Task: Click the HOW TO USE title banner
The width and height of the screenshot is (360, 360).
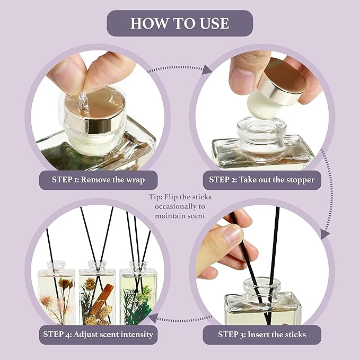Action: coord(180,23)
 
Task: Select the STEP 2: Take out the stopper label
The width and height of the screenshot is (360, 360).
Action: coord(261,180)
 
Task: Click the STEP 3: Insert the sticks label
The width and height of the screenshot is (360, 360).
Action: coord(261,335)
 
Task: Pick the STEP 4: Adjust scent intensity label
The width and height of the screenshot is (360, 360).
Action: coord(99,335)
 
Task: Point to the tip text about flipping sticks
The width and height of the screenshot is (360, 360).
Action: coord(180,206)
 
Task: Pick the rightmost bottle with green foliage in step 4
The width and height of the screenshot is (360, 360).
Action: coord(138,297)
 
